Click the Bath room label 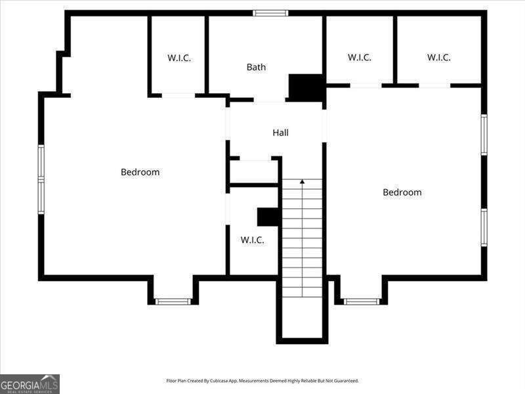pyautogui.click(x=256, y=67)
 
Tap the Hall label pyautogui.click(x=281, y=133)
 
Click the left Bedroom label pyautogui.click(x=140, y=172)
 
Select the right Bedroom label pyautogui.click(x=402, y=192)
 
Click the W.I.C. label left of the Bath pyautogui.click(x=179, y=58)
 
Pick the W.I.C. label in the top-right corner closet pyautogui.click(x=438, y=58)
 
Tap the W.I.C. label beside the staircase pyautogui.click(x=252, y=240)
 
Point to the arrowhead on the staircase pyautogui.click(x=303, y=182)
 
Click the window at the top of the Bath pyautogui.click(x=270, y=13)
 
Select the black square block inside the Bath pyautogui.click(x=305, y=88)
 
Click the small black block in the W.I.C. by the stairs pyautogui.click(x=268, y=217)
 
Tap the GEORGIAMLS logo pyautogui.click(x=30, y=384)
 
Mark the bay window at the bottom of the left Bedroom pyautogui.click(x=173, y=301)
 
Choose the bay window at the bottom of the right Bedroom pyautogui.click(x=362, y=301)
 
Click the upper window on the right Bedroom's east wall pyautogui.click(x=484, y=135)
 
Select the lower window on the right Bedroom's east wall pyautogui.click(x=484, y=227)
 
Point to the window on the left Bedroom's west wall pyautogui.click(x=41, y=179)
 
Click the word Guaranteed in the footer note pyautogui.click(x=348, y=381)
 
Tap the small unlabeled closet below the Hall pyautogui.click(x=254, y=171)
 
